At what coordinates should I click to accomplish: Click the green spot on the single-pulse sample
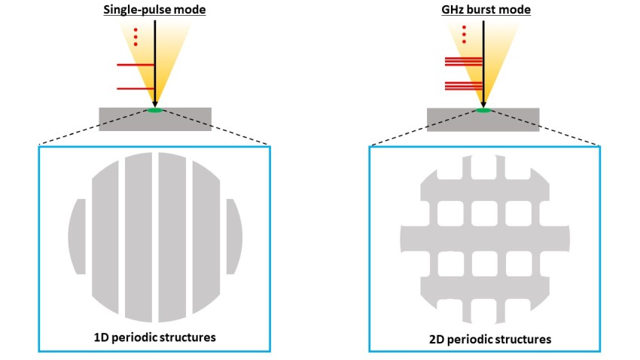154,111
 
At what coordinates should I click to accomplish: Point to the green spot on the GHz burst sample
483,111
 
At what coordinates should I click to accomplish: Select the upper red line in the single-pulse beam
136,65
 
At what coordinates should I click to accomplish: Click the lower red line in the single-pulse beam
136,89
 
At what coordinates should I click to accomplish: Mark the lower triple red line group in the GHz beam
462,85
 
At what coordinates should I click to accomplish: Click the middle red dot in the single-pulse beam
136,35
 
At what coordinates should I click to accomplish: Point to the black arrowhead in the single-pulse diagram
154,103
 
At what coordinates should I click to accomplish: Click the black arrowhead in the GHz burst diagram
483,103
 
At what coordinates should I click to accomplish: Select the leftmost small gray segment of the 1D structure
76,237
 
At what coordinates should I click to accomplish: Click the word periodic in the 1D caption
135,337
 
